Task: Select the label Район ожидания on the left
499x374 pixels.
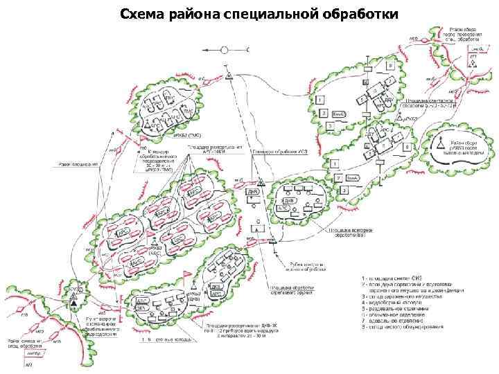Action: [x=77, y=165]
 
